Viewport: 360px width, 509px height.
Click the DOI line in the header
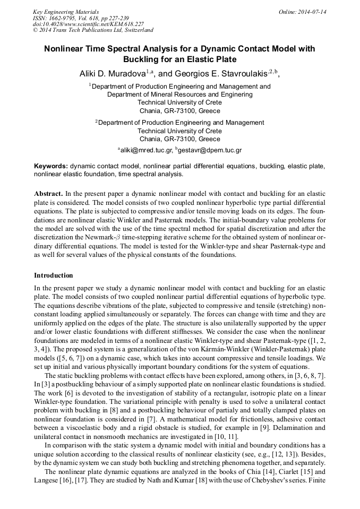tap(88, 24)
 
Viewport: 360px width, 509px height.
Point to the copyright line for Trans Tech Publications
tap(93, 31)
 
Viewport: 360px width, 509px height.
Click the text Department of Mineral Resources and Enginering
tap(179, 94)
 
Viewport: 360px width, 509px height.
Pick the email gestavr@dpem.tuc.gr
tap(211, 150)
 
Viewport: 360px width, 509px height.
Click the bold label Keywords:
tap(51, 166)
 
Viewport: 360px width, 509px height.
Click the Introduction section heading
tap(54, 275)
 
